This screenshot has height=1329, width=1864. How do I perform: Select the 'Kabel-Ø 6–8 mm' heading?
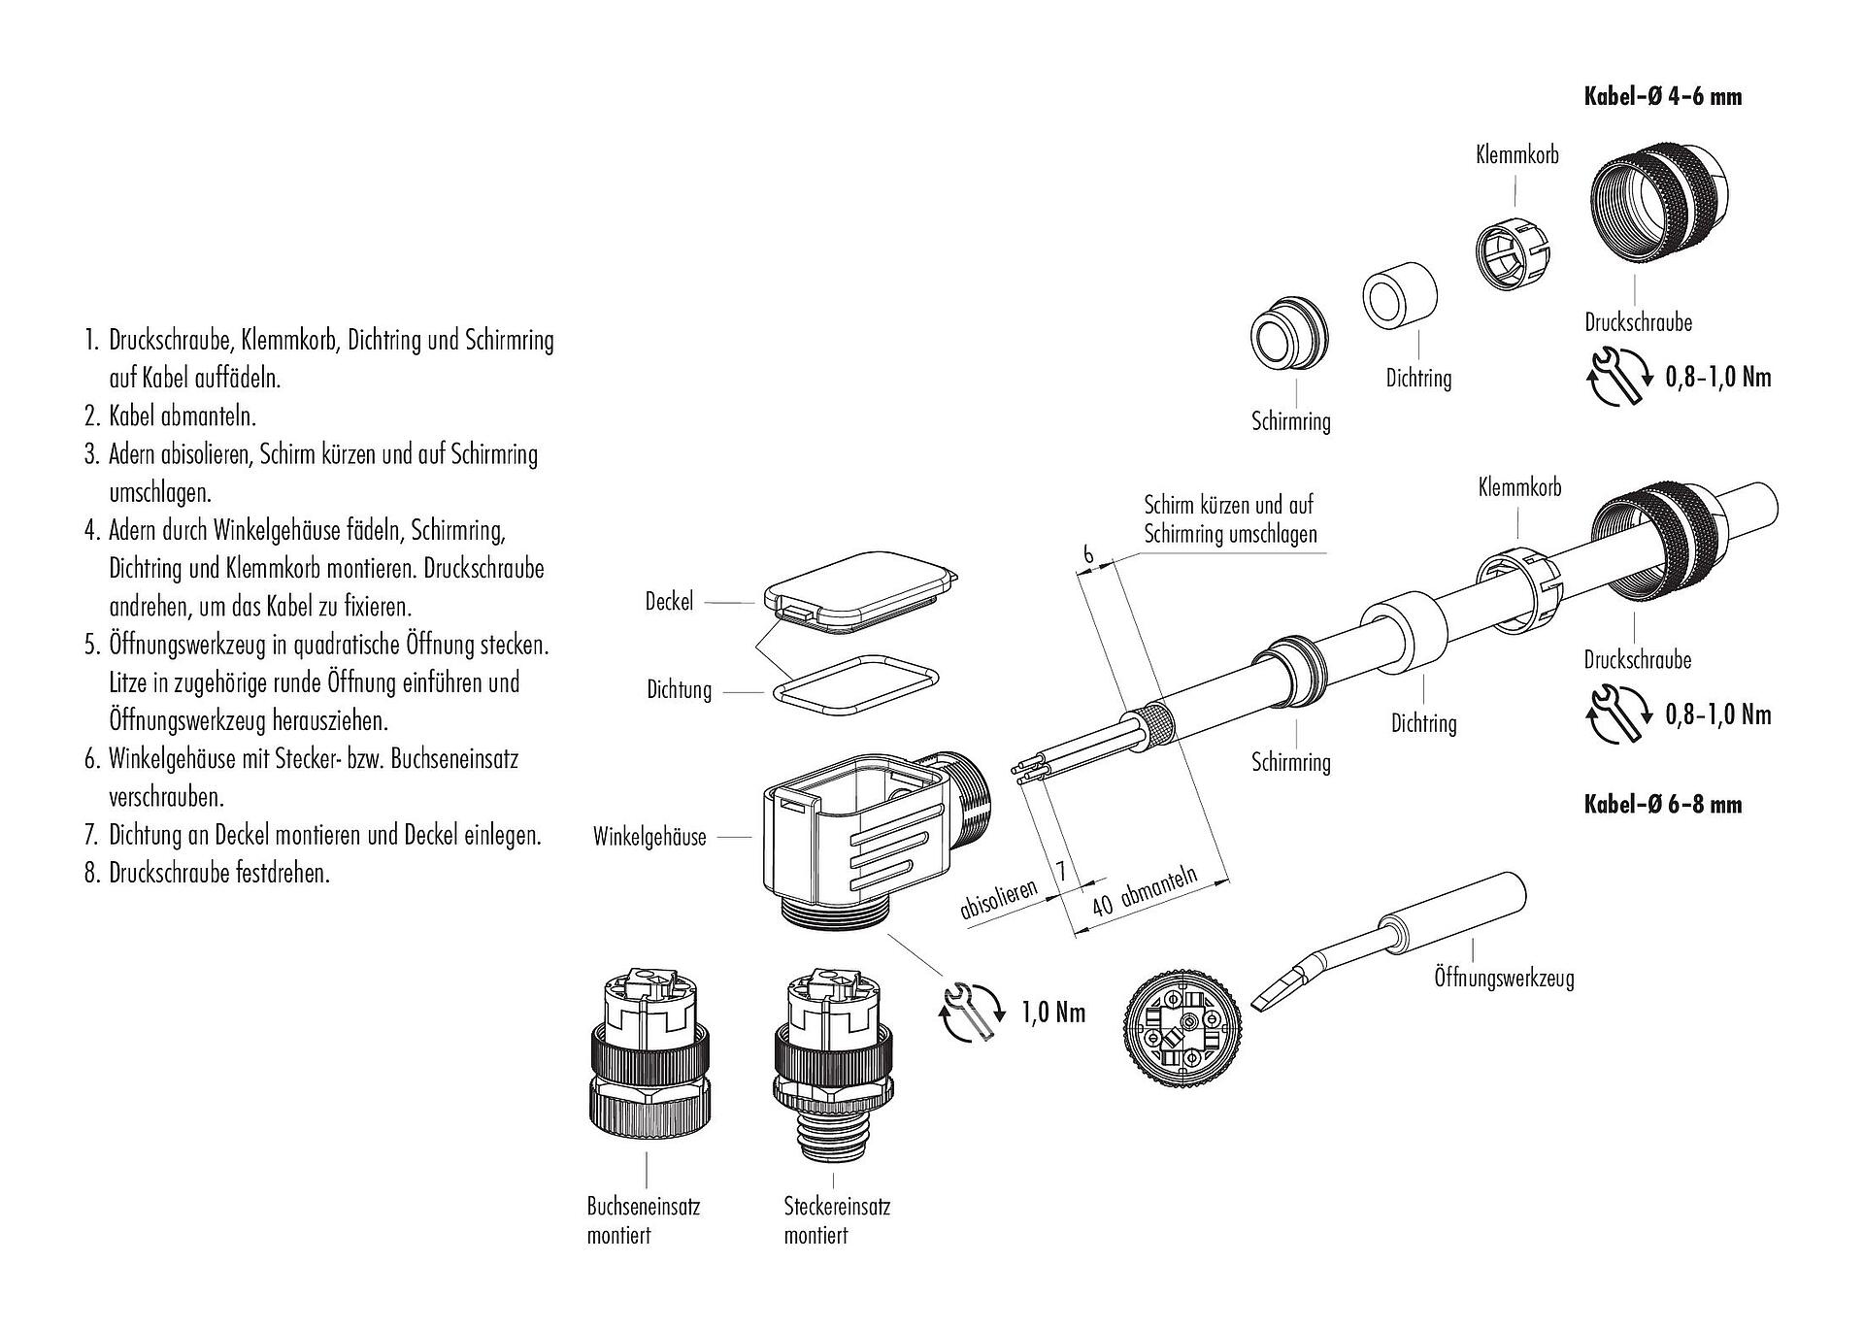(x=1662, y=805)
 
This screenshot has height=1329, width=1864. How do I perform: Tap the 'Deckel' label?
(x=670, y=602)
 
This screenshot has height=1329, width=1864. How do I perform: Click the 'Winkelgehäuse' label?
(x=649, y=838)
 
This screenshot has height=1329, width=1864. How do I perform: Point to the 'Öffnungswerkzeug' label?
(x=1504, y=978)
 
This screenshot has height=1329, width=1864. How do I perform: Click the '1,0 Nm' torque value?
(x=1053, y=1013)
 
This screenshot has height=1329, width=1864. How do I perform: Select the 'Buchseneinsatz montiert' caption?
(x=643, y=1220)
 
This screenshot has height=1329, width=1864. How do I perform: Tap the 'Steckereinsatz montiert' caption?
(x=837, y=1220)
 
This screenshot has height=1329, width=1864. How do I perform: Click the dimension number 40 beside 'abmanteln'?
(x=1103, y=907)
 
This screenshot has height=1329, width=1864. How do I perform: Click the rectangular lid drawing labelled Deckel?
(x=856, y=591)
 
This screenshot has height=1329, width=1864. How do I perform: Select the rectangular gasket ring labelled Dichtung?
(x=856, y=685)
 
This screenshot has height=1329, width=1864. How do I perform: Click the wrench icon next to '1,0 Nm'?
(x=971, y=1013)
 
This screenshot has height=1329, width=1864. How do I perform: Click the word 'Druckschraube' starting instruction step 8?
(x=170, y=873)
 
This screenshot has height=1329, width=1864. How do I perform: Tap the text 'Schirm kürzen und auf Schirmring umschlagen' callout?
(x=1229, y=519)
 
